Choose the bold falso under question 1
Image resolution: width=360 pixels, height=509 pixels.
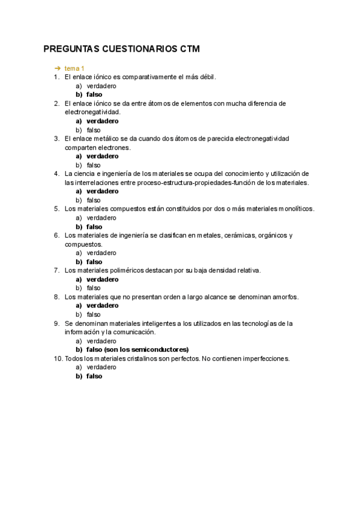(x=94, y=95)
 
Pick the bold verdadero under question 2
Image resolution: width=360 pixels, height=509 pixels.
(x=103, y=121)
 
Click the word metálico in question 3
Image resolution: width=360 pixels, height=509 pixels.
(x=106, y=139)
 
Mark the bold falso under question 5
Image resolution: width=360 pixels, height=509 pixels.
(x=94, y=227)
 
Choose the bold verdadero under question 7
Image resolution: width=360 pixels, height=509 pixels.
(x=103, y=279)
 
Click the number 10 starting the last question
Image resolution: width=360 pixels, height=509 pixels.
(x=58, y=359)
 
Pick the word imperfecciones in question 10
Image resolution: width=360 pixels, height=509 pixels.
(x=265, y=359)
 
